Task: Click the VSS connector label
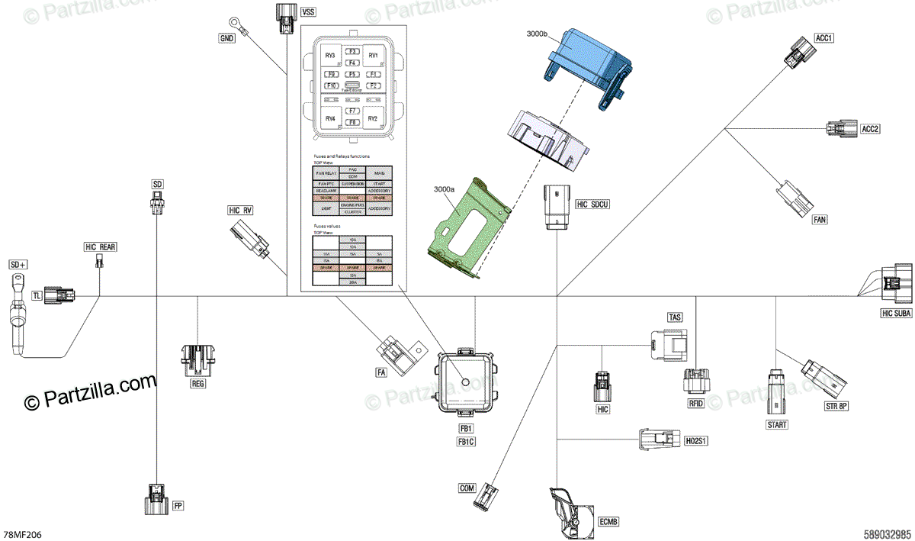(308, 12)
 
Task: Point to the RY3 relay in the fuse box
(330, 56)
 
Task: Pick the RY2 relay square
(373, 119)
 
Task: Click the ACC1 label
(824, 37)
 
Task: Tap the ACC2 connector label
(870, 129)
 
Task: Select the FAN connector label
(820, 220)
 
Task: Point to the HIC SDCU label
(593, 204)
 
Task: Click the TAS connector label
(674, 317)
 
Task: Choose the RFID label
(695, 403)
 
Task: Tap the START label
(777, 424)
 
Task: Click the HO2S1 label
(695, 441)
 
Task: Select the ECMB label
(608, 522)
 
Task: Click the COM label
(467, 488)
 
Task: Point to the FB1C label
(466, 442)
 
